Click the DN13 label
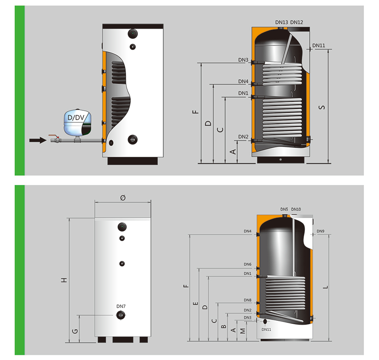click(282, 22)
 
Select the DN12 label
click(296, 22)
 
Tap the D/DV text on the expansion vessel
click(76, 117)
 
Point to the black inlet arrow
click(38, 140)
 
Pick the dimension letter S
click(322, 107)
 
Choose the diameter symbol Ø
click(123, 198)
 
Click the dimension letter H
click(64, 280)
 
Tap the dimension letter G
click(75, 331)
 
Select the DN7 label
click(121, 307)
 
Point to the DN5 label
click(284, 209)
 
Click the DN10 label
click(296, 209)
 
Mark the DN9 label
click(320, 231)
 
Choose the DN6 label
click(248, 264)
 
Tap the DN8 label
click(248, 300)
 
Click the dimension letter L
click(326, 287)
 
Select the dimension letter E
click(196, 304)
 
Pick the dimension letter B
click(224, 326)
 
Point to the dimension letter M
click(243, 331)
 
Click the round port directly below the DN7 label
click(121, 315)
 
